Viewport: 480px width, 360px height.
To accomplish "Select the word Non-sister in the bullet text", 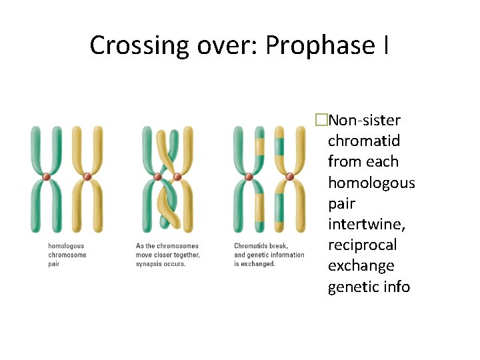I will pos(365,120).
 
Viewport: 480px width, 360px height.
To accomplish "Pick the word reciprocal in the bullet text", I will pos(362,245).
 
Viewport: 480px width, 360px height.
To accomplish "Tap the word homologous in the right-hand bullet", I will pos(371,182).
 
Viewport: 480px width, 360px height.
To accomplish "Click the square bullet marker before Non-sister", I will pos(322,120).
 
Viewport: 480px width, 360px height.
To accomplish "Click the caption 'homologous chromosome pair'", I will pos(67,255).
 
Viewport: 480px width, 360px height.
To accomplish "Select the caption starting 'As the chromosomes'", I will pos(167,255).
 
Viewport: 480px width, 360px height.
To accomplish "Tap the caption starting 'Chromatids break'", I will pos(269,255).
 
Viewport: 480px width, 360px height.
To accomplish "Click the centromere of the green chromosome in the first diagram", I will pos(46,177).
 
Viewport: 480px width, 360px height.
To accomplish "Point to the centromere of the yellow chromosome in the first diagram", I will pos(87,177).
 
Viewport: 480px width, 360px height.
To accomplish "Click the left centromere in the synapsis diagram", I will pos(158,177).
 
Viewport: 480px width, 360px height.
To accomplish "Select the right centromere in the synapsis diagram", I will pos(178,177).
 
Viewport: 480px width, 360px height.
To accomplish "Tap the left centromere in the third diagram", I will pos(249,177).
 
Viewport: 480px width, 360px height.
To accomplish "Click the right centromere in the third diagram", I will pos(289,177).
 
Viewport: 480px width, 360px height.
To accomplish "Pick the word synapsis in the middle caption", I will pos(149,264).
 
